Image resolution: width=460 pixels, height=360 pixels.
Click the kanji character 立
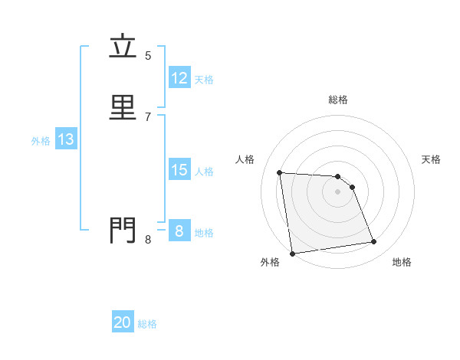[x=123, y=47]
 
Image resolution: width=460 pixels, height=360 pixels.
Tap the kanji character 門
[x=123, y=229]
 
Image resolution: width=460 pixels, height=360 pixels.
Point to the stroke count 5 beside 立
[x=148, y=55]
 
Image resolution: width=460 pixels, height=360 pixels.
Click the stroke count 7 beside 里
[x=148, y=116]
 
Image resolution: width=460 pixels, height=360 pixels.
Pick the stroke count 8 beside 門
[x=148, y=240]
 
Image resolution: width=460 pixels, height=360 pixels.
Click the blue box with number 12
[x=179, y=78]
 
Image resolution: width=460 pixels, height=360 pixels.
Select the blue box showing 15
[x=179, y=170]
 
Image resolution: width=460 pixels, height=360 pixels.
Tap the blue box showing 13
[x=65, y=139]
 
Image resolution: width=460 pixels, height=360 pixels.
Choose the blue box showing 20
[x=123, y=322]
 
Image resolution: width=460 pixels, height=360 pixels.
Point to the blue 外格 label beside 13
[x=41, y=141]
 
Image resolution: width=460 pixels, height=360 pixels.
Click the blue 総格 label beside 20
[x=147, y=324]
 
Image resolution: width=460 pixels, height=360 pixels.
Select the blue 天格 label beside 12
[x=204, y=80]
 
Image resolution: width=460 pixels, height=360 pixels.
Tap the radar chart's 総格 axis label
[x=338, y=100]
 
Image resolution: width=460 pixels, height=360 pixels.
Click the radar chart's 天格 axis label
[x=432, y=159]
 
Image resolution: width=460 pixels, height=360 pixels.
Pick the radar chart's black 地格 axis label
[x=402, y=262]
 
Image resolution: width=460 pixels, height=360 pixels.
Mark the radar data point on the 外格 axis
[x=292, y=253]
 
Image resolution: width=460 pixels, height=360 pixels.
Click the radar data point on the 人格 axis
[x=279, y=172]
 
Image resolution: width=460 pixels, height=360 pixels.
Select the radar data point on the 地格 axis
[x=374, y=242]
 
